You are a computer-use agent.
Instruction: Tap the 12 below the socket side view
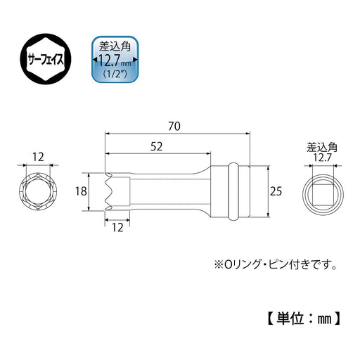117,228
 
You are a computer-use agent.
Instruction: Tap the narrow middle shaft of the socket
169,190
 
